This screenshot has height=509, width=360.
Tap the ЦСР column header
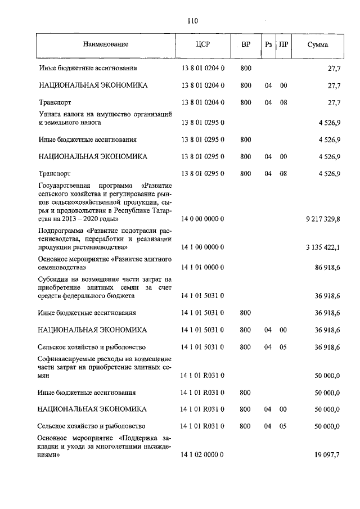coord(202,44)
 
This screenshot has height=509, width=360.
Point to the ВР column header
coord(246,44)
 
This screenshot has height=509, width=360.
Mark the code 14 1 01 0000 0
coord(202,269)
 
